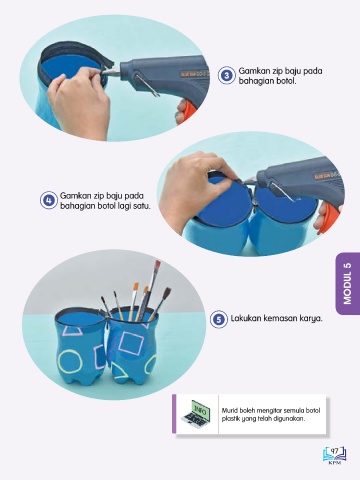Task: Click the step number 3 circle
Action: click(x=227, y=75)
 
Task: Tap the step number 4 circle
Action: click(x=49, y=200)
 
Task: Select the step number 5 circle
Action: click(x=219, y=319)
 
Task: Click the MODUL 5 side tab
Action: click(x=348, y=284)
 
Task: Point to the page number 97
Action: click(x=334, y=451)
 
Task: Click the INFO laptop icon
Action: click(x=197, y=414)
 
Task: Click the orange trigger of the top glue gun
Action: click(x=186, y=110)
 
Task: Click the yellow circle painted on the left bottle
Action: click(x=70, y=361)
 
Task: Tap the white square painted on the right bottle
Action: click(x=131, y=343)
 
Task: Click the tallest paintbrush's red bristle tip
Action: click(x=157, y=265)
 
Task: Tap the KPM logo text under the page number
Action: click(x=334, y=463)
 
